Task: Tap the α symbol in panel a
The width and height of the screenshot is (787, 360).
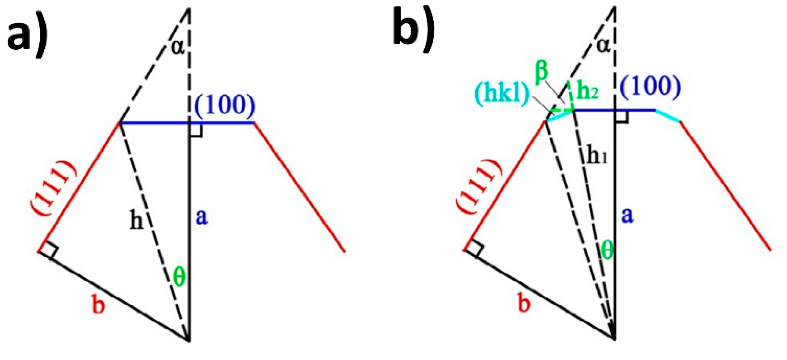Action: tap(177, 47)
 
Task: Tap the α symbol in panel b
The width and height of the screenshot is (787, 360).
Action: tap(603, 45)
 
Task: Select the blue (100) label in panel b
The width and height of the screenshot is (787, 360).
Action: tap(650, 86)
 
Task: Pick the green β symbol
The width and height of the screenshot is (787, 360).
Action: tap(542, 72)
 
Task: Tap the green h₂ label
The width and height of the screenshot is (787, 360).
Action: tap(587, 91)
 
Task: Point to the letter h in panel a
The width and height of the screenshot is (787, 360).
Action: tap(137, 221)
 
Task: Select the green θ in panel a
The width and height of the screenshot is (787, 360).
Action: tap(179, 276)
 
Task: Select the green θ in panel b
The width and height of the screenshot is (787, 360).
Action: tap(607, 251)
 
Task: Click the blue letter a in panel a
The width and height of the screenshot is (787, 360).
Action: tap(202, 217)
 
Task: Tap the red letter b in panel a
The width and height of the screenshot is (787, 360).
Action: tap(99, 306)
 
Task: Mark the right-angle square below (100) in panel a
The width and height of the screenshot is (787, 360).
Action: tap(196, 130)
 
